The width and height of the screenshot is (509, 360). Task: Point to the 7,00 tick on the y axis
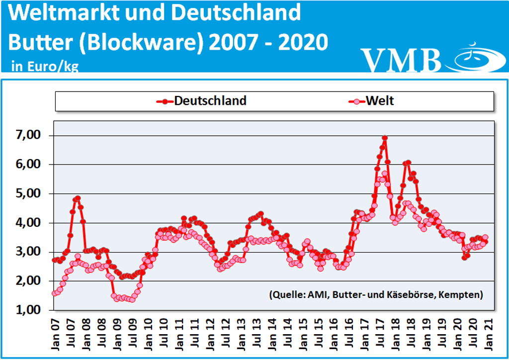tap(29, 135)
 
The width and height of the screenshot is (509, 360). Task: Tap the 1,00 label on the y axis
tap(29, 310)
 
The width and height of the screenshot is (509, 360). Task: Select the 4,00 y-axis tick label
tap(29, 223)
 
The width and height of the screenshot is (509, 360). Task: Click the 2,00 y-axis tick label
tap(29, 281)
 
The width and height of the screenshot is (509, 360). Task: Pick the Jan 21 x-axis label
tap(489, 332)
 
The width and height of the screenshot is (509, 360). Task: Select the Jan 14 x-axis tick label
tap(272, 332)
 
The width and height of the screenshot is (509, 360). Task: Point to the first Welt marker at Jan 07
tap(55, 293)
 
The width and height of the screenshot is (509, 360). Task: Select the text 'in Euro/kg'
tap(45, 66)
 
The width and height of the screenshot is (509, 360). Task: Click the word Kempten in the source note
tap(461, 295)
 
